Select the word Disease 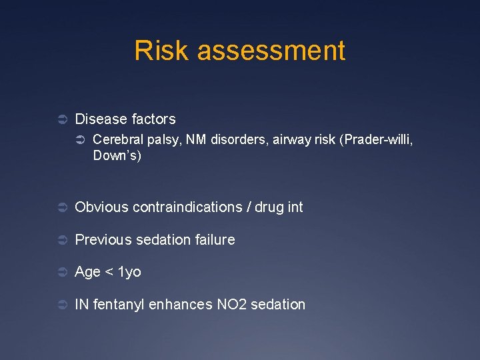point(101,119)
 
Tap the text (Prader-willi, point(381,140)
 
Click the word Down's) point(117,156)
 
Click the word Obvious point(102,207)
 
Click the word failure point(213,239)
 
